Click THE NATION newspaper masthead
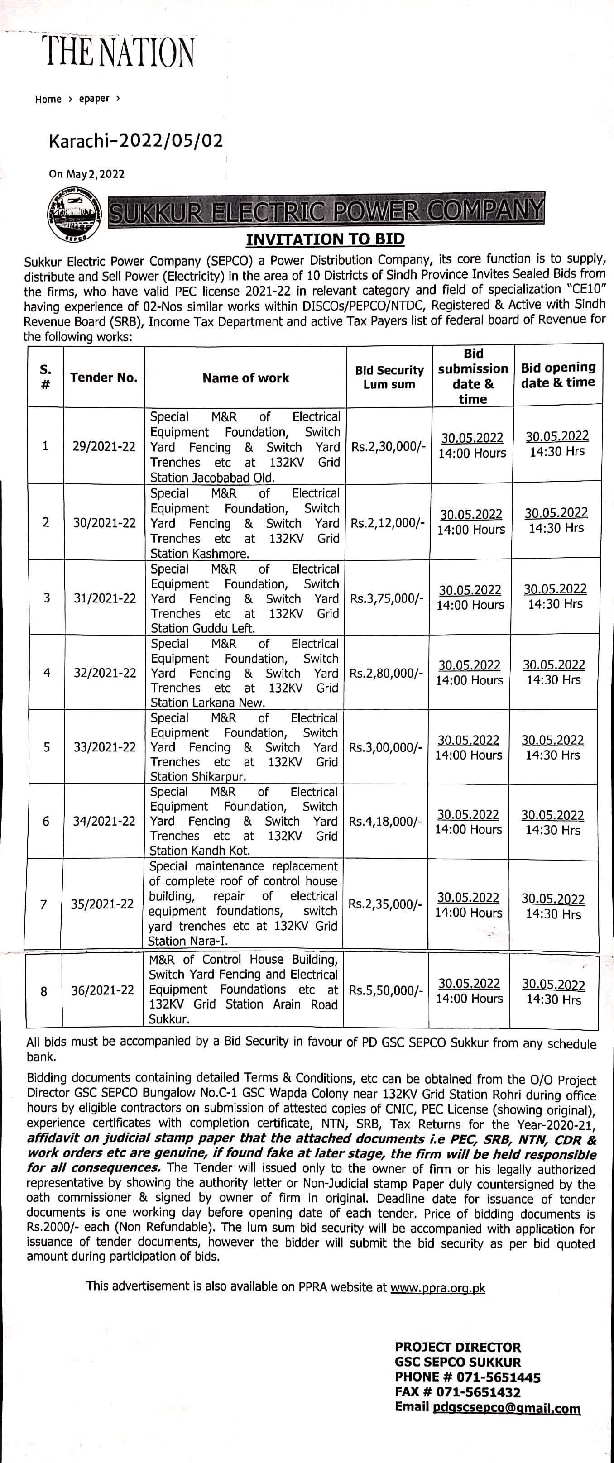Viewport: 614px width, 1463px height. (118, 52)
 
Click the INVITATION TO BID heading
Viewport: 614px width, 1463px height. (325, 239)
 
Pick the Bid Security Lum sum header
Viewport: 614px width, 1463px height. (389, 377)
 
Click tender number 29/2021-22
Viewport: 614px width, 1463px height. (104, 446)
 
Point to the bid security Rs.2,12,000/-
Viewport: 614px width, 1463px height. (387, 522)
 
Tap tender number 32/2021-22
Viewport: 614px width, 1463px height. (105, 673)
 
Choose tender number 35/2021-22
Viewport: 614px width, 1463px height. (102, 904)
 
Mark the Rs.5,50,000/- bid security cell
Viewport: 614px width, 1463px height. (386, 990)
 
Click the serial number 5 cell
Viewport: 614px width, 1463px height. (47, 747)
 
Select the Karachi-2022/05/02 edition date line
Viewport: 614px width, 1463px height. (136, 141)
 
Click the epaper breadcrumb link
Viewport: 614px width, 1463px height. (94, 99)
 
